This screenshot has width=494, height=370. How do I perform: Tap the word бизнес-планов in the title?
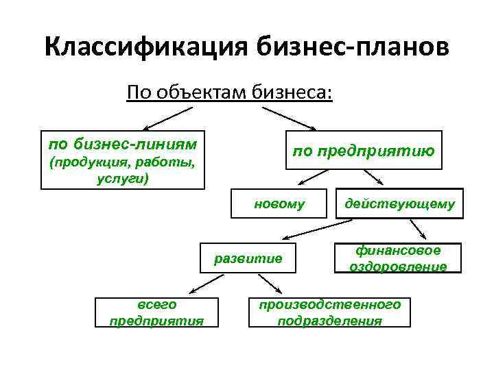click(x=353, y=48)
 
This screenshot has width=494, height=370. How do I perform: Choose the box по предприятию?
click(x=364, y=150)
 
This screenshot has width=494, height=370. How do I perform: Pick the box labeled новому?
click(x=279, y=203)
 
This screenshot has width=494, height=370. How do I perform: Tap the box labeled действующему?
click(x=399, y=203)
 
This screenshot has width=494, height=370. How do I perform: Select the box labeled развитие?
click(x=248, y=258)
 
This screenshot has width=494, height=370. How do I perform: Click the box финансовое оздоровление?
click(x=398, y=258)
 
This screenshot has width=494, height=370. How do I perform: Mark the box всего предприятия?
click(x=157, y=312)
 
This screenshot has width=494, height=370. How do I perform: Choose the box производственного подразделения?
click(x=329, y=312)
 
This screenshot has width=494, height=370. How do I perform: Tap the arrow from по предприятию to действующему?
click(x=373, y=177)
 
